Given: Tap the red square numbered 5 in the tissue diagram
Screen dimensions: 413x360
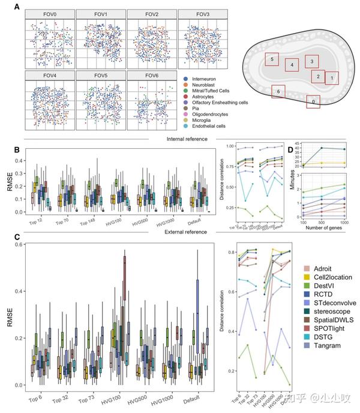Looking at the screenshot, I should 273,59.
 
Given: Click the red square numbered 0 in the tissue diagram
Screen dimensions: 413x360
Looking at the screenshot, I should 312,102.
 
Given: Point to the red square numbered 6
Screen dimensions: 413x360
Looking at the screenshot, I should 277,91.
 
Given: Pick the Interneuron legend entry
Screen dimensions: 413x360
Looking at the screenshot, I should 206,79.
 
